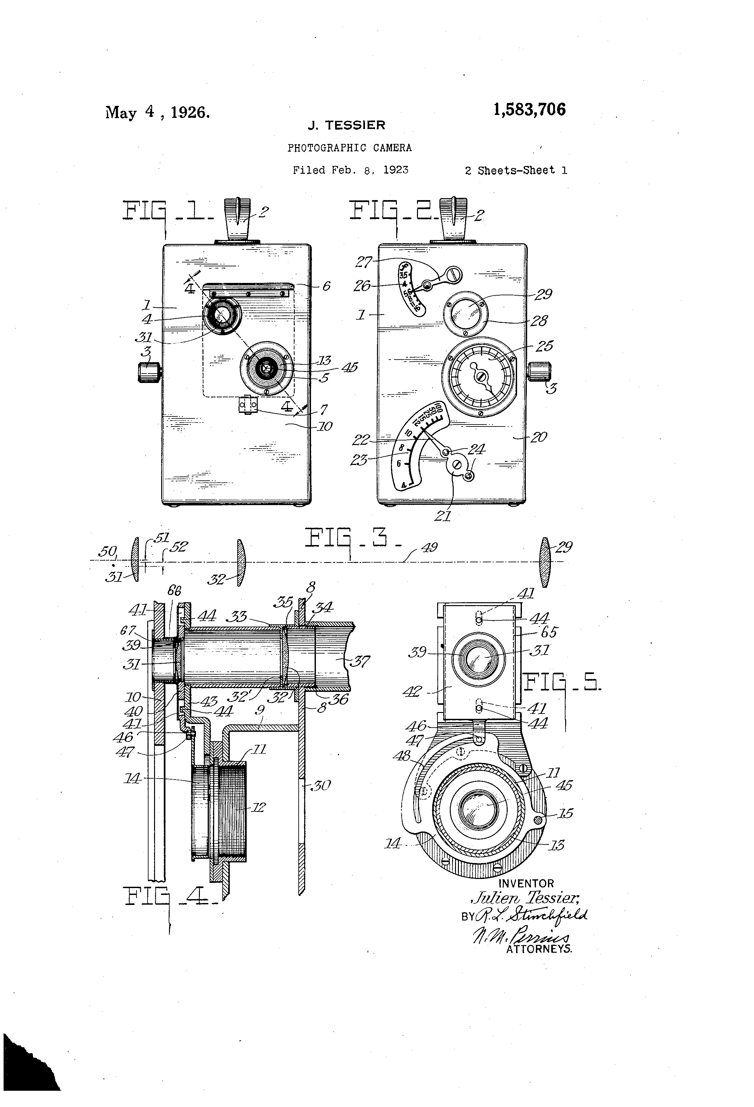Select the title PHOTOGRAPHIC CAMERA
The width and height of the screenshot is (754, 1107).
click(349, 148)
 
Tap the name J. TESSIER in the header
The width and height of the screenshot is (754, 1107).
click(346, 125)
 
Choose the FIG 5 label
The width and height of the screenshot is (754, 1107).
click(562, 683)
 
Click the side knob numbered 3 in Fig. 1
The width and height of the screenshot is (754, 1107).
click(149, 372)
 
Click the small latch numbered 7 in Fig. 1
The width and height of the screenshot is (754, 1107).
click(247, 405)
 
